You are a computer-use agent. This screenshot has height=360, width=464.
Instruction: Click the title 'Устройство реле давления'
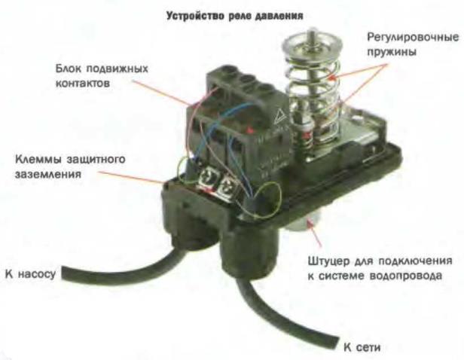pyautogui.click(x=235, y=15)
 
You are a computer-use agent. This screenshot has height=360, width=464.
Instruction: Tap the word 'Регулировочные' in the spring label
pyautogui.click(x=413, y=38)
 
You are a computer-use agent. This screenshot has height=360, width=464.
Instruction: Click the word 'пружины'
pyautogui.click(x=392, y=52)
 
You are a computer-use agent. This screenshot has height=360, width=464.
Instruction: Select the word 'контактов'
pyautogui.click(x=83, y=83)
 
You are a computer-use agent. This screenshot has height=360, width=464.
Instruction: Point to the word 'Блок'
pyautogui.click(x=69, y=69)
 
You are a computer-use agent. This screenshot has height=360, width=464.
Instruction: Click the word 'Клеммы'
pyautogui.click(x=38, y=160)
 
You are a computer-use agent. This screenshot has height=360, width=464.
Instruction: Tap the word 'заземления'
pyautogui.click(x=48, y=174)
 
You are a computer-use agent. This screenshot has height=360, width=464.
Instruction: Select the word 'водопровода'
pyautogui.click(x=406, y=276)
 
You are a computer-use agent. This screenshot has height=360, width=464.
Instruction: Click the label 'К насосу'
pyautogui.click(x=30, y=274)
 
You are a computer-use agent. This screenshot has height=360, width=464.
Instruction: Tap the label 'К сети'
pyautogui.click(x=362, y=347)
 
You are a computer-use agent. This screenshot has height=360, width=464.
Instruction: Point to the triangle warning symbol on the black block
pyautogui.click(x=280, y=116)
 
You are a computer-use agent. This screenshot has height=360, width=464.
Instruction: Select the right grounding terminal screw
pyautogui.click(x=227, y=186)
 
